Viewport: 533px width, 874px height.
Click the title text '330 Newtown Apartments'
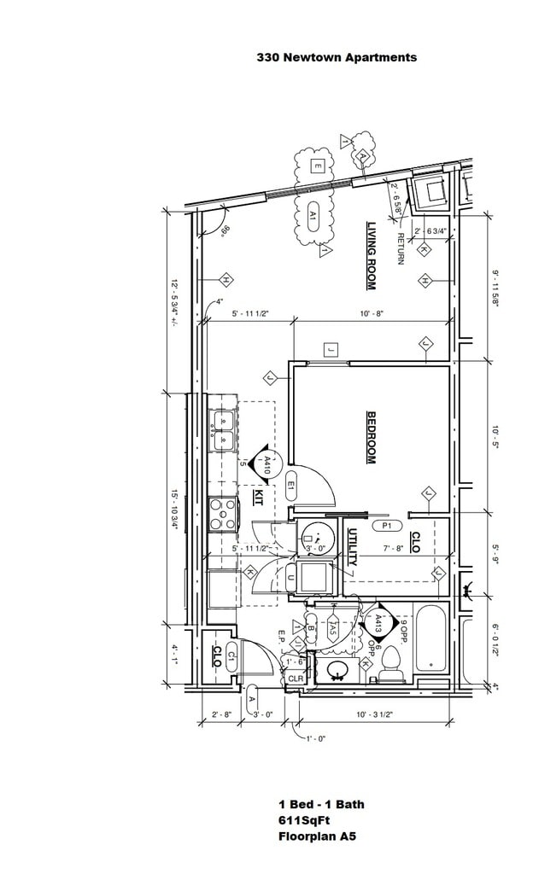click(337, 57)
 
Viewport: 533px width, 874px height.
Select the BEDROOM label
click(372, 438)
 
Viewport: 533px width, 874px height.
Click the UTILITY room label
click(353, 548)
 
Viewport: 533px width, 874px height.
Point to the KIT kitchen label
click(258, 496)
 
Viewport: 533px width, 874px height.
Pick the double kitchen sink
click(224, 431)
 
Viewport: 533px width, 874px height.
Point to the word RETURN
click(400, 248)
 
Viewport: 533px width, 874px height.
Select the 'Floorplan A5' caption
click(317, 836)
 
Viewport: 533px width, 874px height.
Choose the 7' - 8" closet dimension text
click(393, 549)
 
